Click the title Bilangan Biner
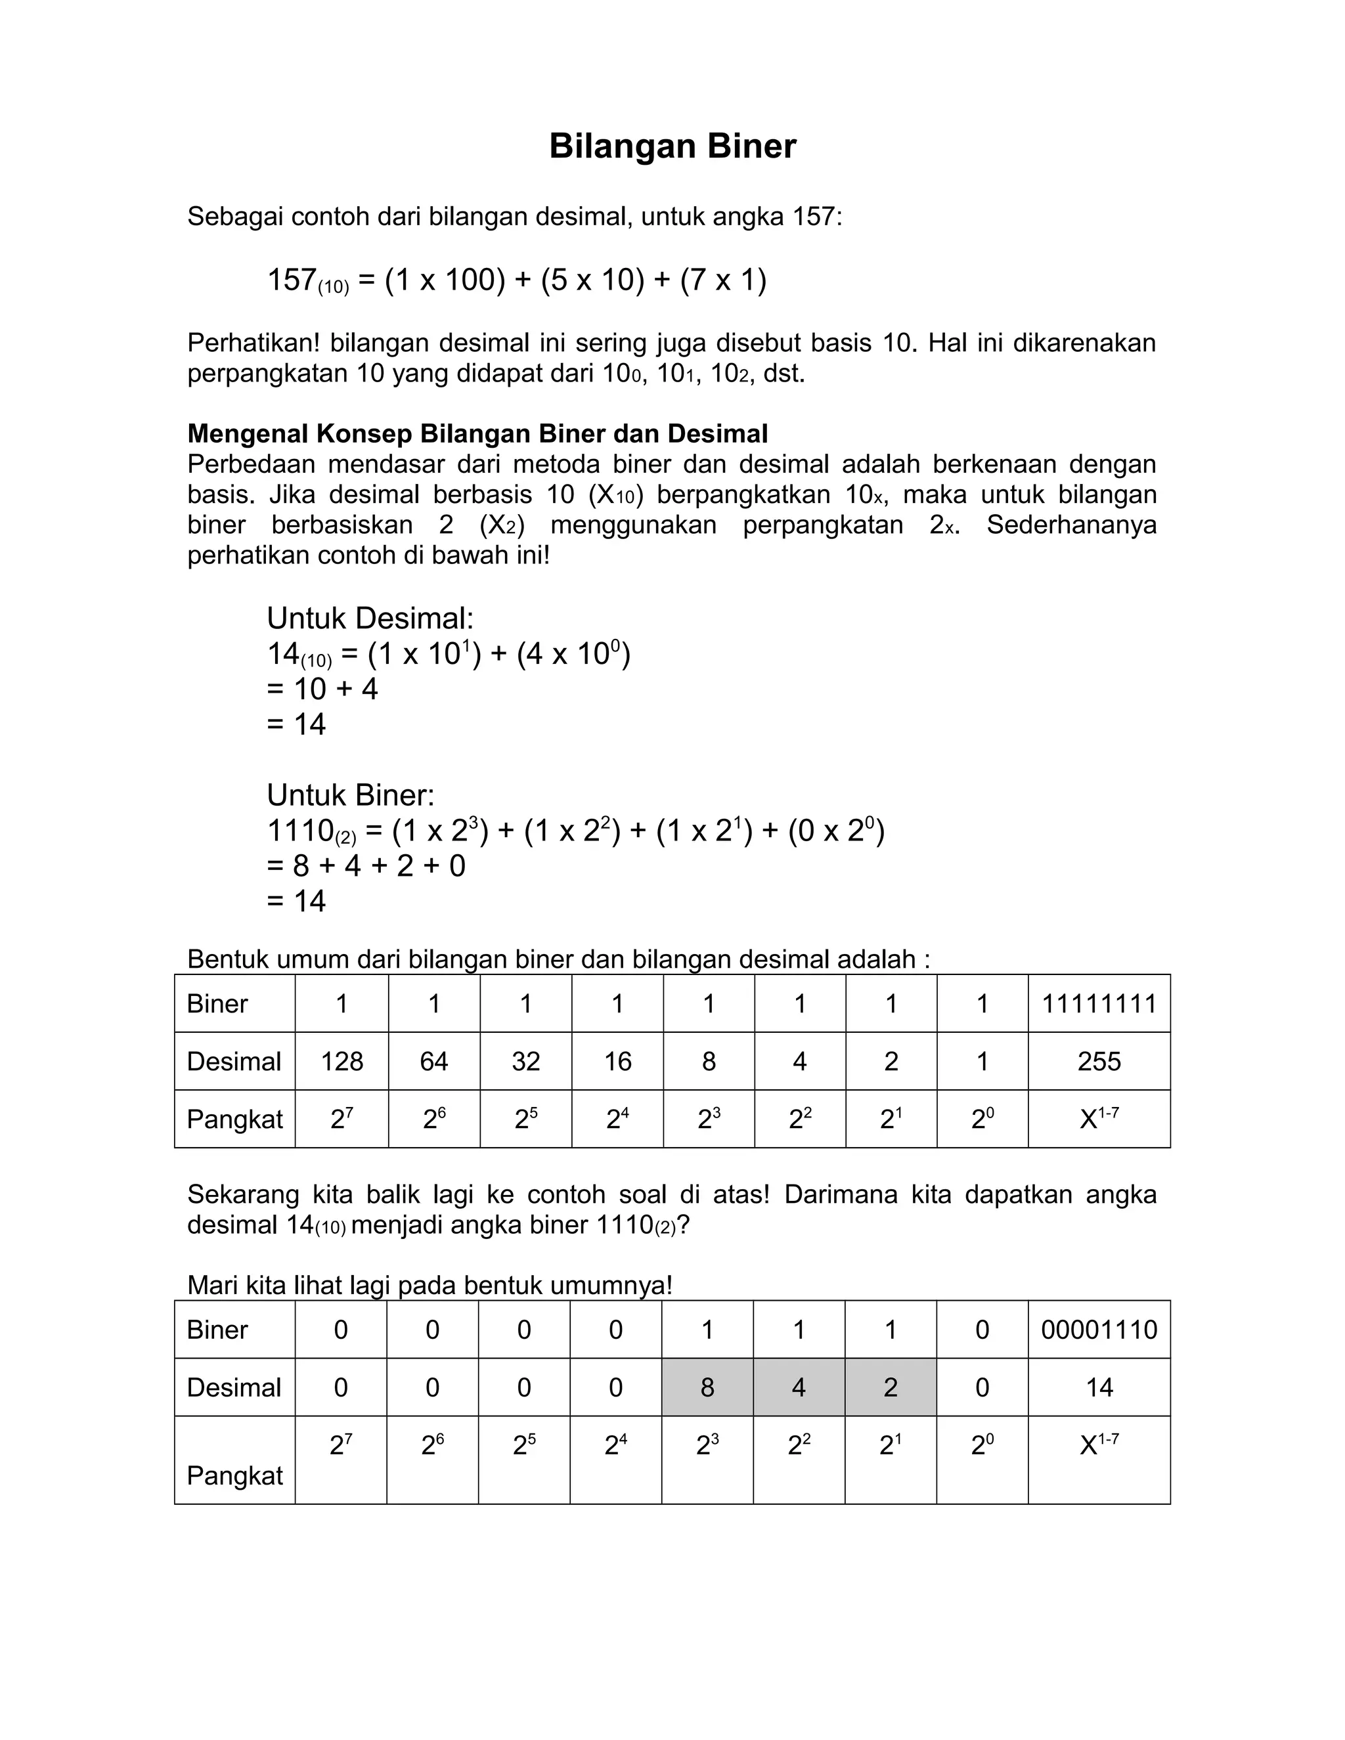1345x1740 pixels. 672,146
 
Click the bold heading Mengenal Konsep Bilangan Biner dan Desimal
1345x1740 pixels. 477,433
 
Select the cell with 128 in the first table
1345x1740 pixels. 342,1061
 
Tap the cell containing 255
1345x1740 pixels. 1099,1061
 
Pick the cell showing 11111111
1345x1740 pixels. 1099,1003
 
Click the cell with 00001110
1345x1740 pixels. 1099,1329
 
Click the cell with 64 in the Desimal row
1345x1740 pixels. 433,1061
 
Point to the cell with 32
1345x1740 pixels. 525,1061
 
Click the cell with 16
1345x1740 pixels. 617,1061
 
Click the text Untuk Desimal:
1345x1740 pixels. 370,619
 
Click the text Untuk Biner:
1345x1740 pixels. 351,795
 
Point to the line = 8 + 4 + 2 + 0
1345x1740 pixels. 366,865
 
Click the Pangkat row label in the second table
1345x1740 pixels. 234,1475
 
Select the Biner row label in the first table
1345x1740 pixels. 217,1003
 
